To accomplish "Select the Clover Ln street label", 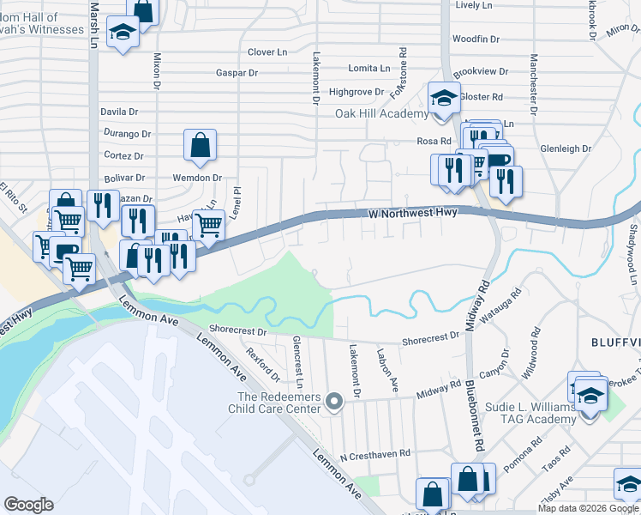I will coord(267,52).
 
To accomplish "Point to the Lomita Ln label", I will coord(368,68).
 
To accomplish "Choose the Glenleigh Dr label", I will coord(566,148).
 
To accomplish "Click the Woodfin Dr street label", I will coord(476,39).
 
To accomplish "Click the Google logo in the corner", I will coord(28,504).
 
